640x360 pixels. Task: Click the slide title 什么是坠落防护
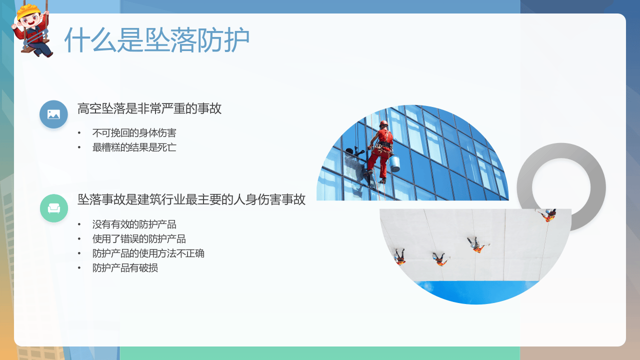pyautogui.click(x=157, y=39)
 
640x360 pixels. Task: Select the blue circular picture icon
pyautogui.click(x=53, y=114)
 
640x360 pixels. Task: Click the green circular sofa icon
pyautogui.click(x=53, y=208)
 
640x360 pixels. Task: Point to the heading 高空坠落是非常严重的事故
pyautogui.click(x=149, y=108)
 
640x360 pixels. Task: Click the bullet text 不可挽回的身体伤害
pyautogui.click(x=134, y=133)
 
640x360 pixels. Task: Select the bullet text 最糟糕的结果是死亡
pyautogui.click(x=134, y=147)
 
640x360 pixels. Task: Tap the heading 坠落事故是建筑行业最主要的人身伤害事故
pyautogui.click(x=191, y=199)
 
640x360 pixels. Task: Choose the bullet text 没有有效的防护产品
pyautogui.click(x=134, y=224)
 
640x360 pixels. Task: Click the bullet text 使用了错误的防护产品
pyautogui.click(x=139, y=239)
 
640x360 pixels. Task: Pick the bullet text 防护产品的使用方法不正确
pyautogui.click(x=148, y=253)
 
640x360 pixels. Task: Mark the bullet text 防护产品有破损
pyautogui.click(x=125, y=268)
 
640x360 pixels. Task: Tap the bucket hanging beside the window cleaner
pyautogui.click(x=394, y=163)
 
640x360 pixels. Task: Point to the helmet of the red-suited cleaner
pyautogui.click(x=383, y=123)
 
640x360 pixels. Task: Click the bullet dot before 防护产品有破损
pyautogui.click(x=79, y=268)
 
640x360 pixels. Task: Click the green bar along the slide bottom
pyautogui.click(x=320, y=353)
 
